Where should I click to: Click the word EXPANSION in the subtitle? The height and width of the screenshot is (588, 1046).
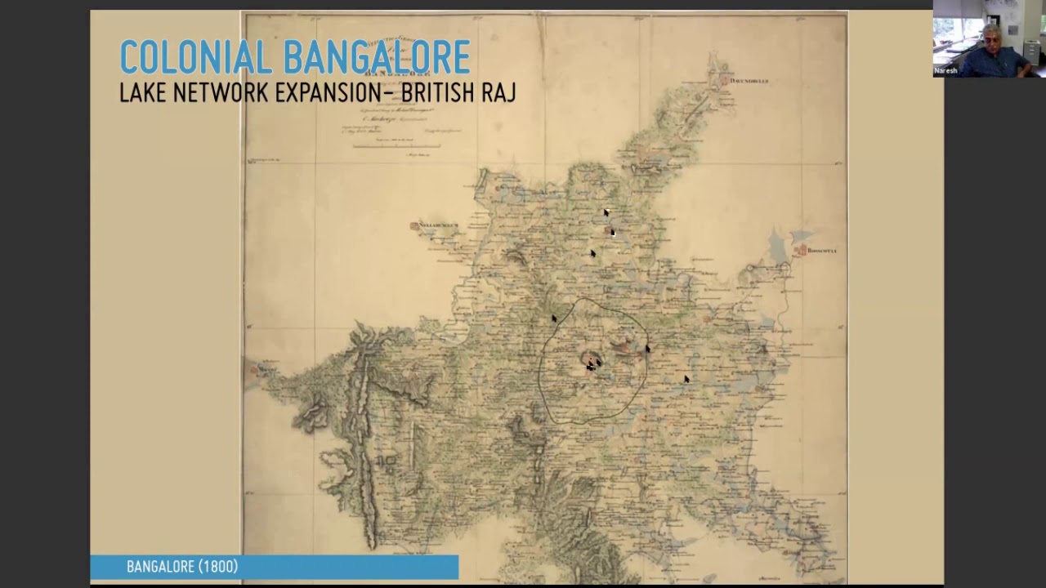[x=329, y=93]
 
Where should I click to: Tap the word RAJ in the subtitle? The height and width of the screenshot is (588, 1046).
[x=498, y=93]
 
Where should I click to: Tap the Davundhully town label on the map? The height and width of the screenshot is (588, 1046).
[x=750, y=81]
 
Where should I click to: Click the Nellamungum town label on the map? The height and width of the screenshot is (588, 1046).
[x=440, y=225]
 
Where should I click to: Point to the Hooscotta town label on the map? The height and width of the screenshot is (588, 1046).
[x=822, y=251]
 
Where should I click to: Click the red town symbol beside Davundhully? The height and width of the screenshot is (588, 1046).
[x=725, y=80]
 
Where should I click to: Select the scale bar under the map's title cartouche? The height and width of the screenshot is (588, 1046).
[x=396, y=146]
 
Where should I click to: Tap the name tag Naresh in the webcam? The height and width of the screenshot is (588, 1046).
[x=945, y=71]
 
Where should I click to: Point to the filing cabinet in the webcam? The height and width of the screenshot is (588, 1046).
[x=1031, y=53]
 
